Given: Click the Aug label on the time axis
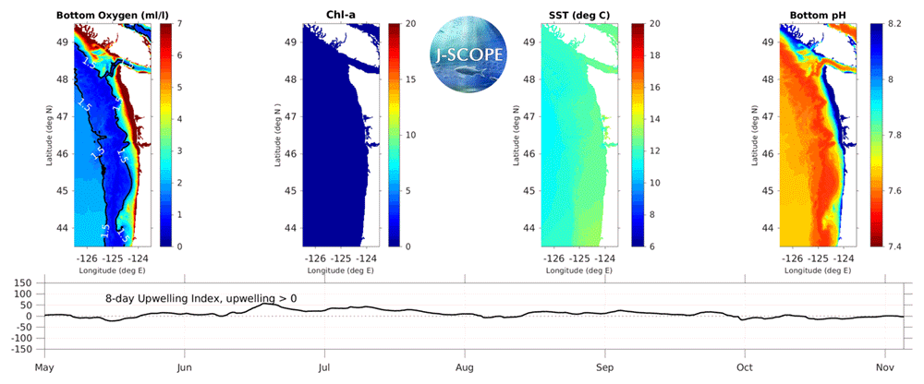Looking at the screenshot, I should coord(466,365).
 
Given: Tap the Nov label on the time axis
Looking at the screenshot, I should coord(884,365).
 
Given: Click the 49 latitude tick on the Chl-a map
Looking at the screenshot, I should coord(290,42).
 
